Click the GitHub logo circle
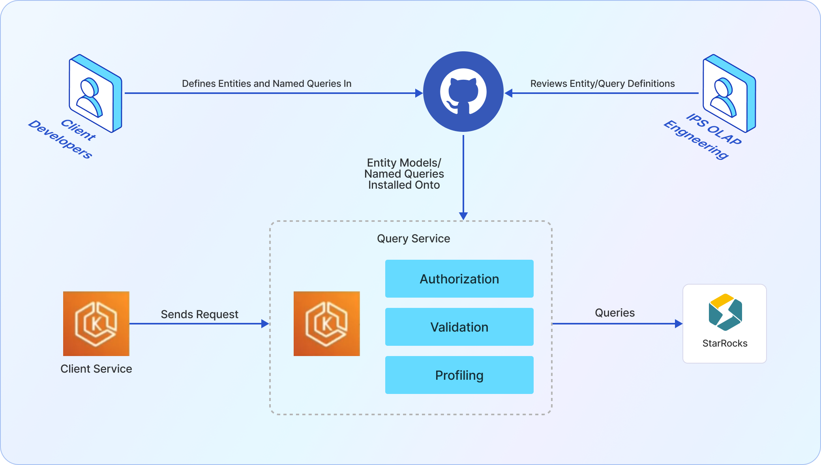pyautogui.click(x=463, y=92)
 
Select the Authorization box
pyautogui.click(x=459, y=279)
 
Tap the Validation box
pyautogui.click(x=459, y=327)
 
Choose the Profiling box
pyautogui.click(x=459, y=375)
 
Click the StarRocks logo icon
pyautogui.click(x=725, y=312)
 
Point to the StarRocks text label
pyautogui.click(x=725, y=343)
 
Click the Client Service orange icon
pyautogui.click(x=96, y=324)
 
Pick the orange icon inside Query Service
pyautogui.click(x=326, y=324)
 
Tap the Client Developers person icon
pyautogui.click(x=95, y=93)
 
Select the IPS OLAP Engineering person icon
pyautogui.click(x=729, y=93)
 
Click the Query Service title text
pyautogui.click(x=413, y=238)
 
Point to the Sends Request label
pyautogui.click(x=199, y=314)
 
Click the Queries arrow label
pyautogui.click(x=615, y=313)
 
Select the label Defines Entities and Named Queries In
pyautogui.click(x=266, y=84)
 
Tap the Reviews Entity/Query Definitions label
pyautogui.click(x=602, y=84)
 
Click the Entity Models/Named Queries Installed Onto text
pyautogui.click(x=404, y=174)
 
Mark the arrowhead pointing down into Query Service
pyautogui.click(x=463, y=216)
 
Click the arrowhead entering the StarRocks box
pyautogui.click(x=679, y=324)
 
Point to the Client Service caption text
pyautogui.click(x=96, y=369)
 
